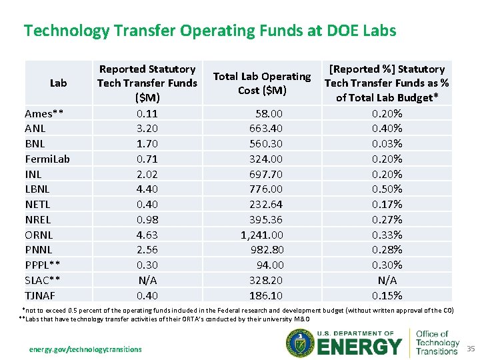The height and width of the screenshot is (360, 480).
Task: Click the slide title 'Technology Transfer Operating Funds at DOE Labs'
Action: (210, 31)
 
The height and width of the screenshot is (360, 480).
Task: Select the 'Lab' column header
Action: (58, 83)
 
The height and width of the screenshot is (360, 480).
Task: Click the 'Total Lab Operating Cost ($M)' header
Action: (261, 83)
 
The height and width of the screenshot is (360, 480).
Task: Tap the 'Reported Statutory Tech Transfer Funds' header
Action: (147, 83)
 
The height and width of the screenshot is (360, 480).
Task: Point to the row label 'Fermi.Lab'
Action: (47, 159)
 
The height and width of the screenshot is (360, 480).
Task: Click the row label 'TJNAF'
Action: (39, 295)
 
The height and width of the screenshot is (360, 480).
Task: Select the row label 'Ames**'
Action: (44, 113)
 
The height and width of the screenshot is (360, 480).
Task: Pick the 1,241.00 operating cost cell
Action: (262, 235)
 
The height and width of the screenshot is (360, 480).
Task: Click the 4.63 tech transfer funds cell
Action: (147, 235)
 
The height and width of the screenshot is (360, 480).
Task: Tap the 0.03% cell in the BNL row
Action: (387, 143)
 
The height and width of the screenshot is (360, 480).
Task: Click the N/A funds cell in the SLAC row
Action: (147, 280)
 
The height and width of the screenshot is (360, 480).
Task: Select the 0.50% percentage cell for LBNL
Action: (387, 189)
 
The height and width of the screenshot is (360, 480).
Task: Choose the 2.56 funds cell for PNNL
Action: (147, 249)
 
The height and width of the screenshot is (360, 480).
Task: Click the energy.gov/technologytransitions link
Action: (85, 349)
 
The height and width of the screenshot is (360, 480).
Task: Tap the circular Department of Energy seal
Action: (299, 345)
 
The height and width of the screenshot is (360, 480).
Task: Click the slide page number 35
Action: (471, 349)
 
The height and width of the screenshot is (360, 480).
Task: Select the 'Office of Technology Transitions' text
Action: (437, 343)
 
